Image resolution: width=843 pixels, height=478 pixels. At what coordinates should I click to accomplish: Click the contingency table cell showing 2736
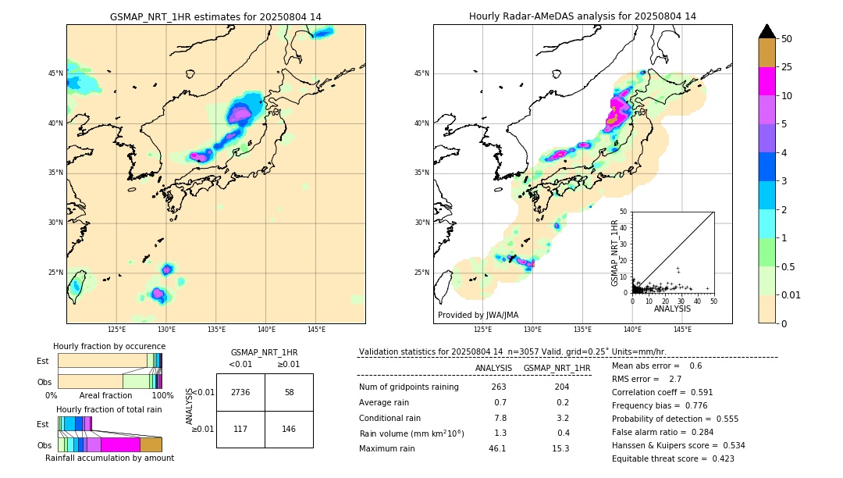tap(240, 392)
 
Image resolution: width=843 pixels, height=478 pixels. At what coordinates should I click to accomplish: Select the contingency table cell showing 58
tap(289, 392)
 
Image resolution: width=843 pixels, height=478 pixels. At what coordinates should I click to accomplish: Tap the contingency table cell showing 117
tap(240, 429)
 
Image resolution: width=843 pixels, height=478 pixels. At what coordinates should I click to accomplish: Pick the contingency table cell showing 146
tap(289, 429)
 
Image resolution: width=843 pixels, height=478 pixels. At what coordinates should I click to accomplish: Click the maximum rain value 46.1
tap(497, 448)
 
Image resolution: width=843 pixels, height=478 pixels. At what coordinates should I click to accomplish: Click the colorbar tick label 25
tap(787, 67)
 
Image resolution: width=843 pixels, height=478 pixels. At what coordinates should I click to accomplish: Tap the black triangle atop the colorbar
tap(767, 31)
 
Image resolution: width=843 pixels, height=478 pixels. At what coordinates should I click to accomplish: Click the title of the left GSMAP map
tap(215, 16)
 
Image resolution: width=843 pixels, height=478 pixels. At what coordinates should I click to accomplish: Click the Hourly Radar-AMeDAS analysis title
tap(582, 16)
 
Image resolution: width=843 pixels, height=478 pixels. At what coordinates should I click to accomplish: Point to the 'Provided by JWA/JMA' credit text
tap(478, 315)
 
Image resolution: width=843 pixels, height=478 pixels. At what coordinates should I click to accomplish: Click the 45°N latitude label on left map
tap(55, 73)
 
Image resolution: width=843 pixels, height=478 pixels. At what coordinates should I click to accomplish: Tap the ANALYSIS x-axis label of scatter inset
tap(672, 309)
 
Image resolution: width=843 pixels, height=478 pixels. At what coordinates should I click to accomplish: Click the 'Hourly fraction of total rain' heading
tap(109, 409)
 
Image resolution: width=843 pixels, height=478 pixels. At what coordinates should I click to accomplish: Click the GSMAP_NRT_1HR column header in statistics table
tap(557, 368)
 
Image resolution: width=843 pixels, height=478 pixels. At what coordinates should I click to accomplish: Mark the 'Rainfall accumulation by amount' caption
tap(109, 458)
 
